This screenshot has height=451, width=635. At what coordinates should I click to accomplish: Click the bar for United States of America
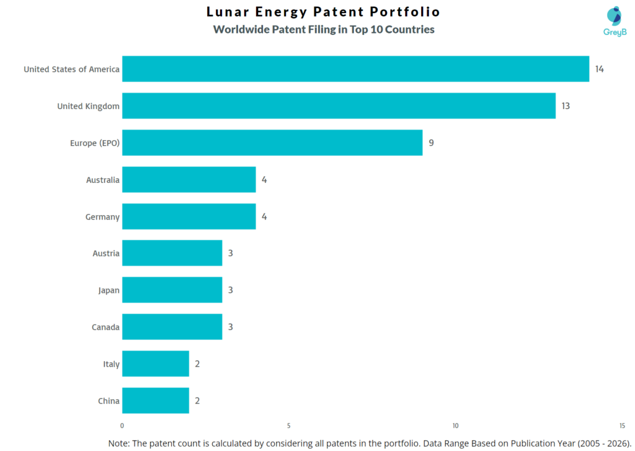point(355,69)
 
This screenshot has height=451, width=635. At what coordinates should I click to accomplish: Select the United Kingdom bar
point(339,106)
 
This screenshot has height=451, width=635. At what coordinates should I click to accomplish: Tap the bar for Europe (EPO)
point(272,143)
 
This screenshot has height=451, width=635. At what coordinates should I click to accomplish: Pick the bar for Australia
point(189,180)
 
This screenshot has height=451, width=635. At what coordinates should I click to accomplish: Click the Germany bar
point(189,217)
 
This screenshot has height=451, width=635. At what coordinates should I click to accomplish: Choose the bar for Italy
point(155,364)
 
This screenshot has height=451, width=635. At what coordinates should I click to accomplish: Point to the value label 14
point(599,69)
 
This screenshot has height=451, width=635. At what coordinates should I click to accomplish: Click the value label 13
point(566,106)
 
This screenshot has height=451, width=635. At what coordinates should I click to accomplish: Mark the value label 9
point(431,143)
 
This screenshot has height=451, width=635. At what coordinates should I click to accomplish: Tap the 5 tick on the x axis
point(289,426)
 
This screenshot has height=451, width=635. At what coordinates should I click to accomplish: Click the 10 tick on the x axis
point(455,426)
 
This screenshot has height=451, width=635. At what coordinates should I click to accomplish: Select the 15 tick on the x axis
point(622,426)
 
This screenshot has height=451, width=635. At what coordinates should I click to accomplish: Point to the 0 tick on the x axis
point(122,426)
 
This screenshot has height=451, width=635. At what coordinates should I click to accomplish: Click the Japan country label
point(109,290)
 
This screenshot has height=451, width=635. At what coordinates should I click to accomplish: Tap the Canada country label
point(105,327)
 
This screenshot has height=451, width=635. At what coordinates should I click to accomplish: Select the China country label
point(109,401)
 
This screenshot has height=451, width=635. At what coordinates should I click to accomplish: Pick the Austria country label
point(105,253)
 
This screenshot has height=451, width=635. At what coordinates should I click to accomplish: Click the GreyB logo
point(615,21)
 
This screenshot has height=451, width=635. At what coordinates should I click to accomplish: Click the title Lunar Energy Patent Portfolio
point(323,12)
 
